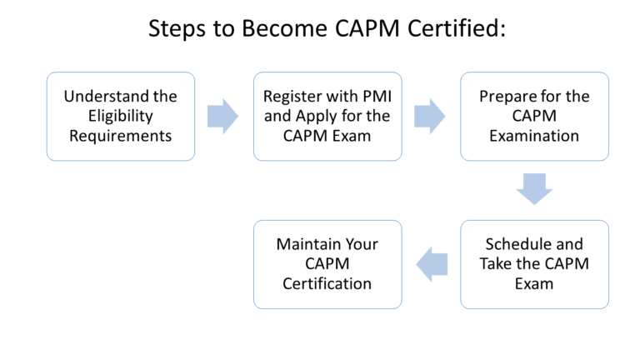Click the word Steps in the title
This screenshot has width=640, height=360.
[x=178, y=29]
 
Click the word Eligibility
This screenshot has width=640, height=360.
[x=121, y=116]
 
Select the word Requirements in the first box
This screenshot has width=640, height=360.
[x=121, y=134]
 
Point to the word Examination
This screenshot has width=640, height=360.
[x=534, y=134]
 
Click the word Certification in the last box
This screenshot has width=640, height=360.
[x=327, y=283]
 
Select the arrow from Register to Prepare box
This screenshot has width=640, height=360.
[x=430, y=116]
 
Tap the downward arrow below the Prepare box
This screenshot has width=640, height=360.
[x=534, y=189]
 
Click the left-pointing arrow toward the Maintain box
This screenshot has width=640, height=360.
[x=432, y=264]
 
